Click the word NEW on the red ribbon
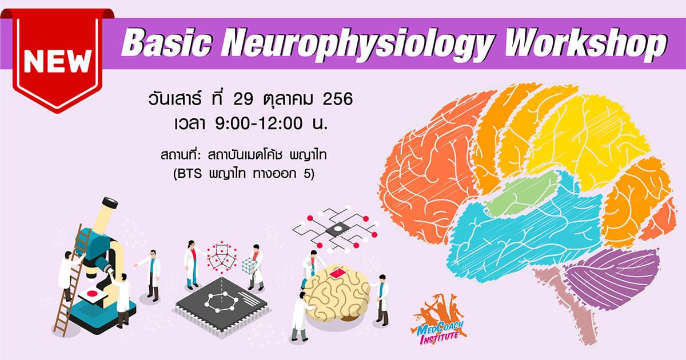click(x=58, y=61)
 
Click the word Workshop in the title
click(x=586, y=43)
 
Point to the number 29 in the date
click(x=243, y=99)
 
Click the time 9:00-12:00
click(x=259, y=123)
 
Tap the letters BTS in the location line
click(x=189, y=174)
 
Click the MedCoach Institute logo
click(x=439, y=320)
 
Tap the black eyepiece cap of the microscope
click(x=110, y=202)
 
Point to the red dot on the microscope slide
click(x=92, y=294)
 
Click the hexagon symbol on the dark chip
click(x=221, y=302)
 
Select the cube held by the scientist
click(x=249, y=265)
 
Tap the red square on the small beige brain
click(x=338, y=272)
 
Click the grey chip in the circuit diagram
click(x=337, y=229)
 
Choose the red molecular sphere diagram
click(x=222, y=258)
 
